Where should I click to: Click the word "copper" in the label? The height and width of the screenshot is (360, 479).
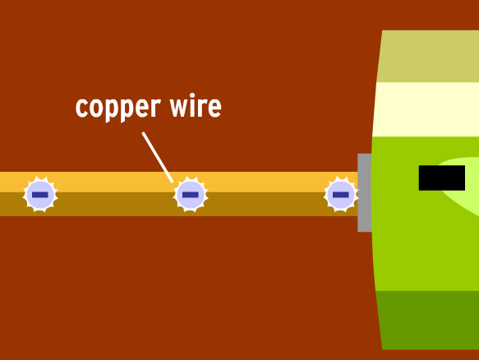[118, 108]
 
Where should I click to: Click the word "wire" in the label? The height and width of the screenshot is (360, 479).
[196, 106]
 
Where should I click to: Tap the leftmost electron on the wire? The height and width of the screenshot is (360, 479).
[40, 194]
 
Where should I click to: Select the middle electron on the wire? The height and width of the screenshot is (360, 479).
[191, 194]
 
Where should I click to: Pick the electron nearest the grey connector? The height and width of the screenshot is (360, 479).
[341, 194]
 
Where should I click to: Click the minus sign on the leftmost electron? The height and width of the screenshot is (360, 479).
[40, 195]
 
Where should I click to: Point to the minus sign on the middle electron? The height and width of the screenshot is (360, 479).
[191, 195]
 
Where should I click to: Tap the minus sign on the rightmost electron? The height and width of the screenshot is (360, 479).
[341, 195]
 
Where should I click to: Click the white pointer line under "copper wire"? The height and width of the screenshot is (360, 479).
[158, 157]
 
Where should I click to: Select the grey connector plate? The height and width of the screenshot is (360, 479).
[365, 192]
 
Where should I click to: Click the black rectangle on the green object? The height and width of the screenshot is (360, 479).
[442, 178]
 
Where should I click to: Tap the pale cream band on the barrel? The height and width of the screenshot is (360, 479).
[426, 109]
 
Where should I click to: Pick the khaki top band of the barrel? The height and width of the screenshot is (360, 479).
[429, 56]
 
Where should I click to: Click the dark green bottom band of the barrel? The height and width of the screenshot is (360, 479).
[428, 320]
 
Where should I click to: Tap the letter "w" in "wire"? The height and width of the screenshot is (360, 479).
[181, 108]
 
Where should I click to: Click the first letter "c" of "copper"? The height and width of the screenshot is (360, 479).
[81, 108]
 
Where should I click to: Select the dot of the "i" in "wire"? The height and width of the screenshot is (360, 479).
[192, 95]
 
